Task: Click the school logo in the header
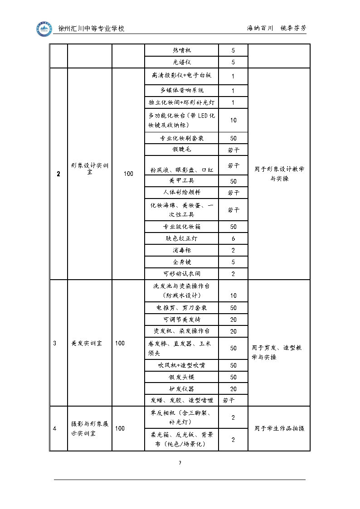[44, 29]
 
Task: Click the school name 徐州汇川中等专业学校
[92, 29]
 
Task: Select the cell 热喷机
[182, 50]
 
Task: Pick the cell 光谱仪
[182, 63]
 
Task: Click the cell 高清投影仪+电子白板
[182, 76]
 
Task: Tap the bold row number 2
[58, 174]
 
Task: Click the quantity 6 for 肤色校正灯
[233, 238]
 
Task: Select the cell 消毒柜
[182, 250]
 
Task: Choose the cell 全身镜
[182, 262]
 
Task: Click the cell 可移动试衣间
[182, 274]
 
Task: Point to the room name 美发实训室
[87, 343]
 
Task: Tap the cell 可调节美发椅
[182, 320]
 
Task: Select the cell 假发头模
[182, 377]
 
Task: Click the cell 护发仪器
[182, 389]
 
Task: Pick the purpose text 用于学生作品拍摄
[279, 428]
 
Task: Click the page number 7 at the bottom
[180, 463]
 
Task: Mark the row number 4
[55, 428]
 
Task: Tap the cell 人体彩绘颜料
[182, 193]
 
